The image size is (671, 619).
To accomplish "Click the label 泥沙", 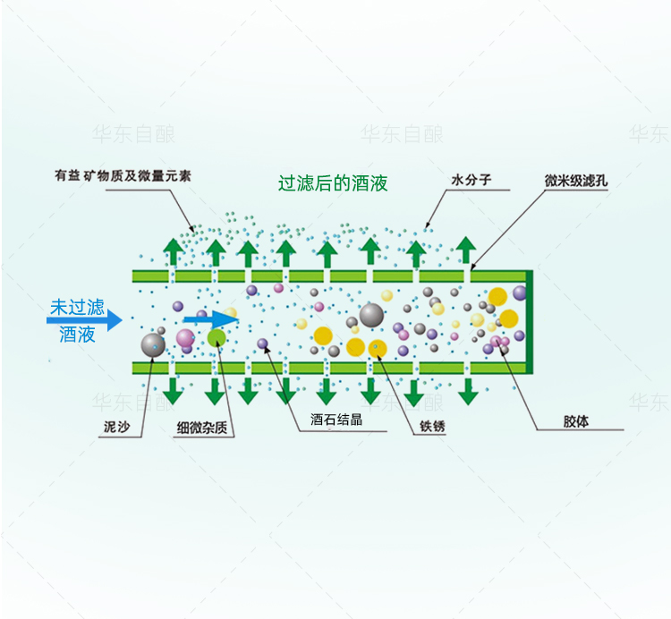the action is click(x=116, y=428).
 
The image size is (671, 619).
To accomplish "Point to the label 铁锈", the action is click(x=432, y=427).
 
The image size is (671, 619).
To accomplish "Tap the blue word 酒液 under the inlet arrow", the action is click(x=77, y=335).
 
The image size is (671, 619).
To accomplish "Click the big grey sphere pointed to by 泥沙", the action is click(x=152, y=344).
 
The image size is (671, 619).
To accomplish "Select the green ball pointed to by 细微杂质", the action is click(x=217, y=337).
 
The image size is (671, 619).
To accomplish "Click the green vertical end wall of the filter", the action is click(x=530, y=321).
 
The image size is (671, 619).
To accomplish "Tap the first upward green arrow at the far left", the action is click(x=173, y=252).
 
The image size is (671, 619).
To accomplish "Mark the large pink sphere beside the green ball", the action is click(x=185, y=337).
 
